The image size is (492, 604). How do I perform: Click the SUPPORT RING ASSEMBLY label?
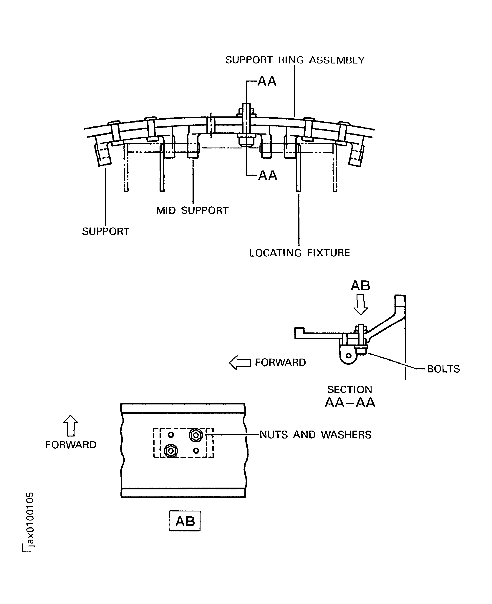coord(295,60)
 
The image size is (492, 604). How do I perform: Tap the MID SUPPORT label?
coord(192,211)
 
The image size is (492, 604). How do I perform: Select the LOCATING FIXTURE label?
coord(299,253)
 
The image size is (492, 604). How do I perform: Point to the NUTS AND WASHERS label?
coord(315,435)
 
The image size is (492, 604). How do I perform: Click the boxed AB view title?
coord(185,521)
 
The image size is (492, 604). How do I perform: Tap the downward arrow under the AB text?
coord(360,304)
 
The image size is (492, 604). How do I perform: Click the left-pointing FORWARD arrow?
coord(240,363)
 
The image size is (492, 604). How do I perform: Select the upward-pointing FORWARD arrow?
coord(71,425)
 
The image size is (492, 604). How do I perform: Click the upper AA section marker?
coord(267,81)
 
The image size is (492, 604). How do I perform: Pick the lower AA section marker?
coord(267,176)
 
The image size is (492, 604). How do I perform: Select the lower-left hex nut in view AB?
coord(171,451)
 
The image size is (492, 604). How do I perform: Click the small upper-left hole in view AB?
coord(171,434)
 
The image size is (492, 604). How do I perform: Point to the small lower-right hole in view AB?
coord(196,450)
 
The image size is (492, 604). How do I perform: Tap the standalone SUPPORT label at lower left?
coord(105,232)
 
